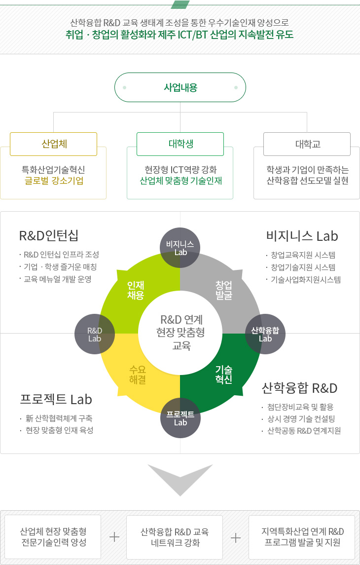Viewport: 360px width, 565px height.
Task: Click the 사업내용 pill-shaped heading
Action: (x=180, y=87)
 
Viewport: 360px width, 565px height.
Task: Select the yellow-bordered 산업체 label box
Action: (x=54, y=144)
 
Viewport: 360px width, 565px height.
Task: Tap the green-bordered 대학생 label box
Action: (x=180, y=144)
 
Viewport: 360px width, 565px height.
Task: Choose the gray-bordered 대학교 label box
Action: (x=307, y=144)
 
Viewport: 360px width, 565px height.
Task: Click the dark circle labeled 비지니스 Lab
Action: (x=180, y=248)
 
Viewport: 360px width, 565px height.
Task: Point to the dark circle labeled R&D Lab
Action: (x=95, y=334)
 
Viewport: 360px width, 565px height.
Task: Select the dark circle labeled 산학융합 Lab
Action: (x=265, y=334)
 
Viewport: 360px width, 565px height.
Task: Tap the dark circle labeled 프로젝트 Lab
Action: (x=180, y=418)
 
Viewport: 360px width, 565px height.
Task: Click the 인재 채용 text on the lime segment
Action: (x=135, y=290)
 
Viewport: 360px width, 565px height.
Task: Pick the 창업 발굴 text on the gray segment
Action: (x=223, y=290)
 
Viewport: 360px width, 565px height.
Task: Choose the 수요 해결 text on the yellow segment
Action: (x=138, y=375)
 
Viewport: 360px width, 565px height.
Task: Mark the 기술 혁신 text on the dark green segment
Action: (x=223, y=375)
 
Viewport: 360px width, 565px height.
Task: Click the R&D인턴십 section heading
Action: (x=49, y=236)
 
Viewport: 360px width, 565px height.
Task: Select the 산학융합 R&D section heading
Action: (x=299, y=388)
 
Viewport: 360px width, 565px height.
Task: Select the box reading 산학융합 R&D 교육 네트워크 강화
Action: (x=175, y=537)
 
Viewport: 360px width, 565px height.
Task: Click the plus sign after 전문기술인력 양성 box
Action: (x=114, y=537)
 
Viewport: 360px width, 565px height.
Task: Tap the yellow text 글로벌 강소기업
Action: (x=54, y=181)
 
